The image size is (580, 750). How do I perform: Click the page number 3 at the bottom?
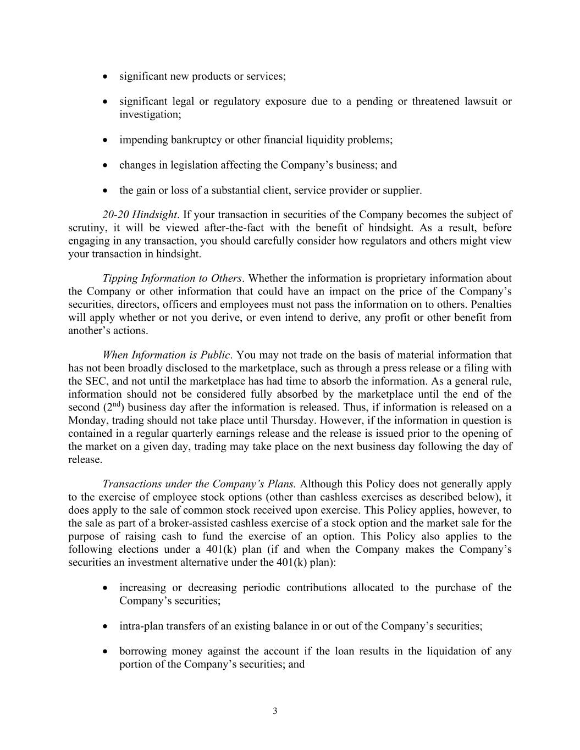coord(275,711)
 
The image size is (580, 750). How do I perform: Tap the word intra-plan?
coord(141,626)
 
